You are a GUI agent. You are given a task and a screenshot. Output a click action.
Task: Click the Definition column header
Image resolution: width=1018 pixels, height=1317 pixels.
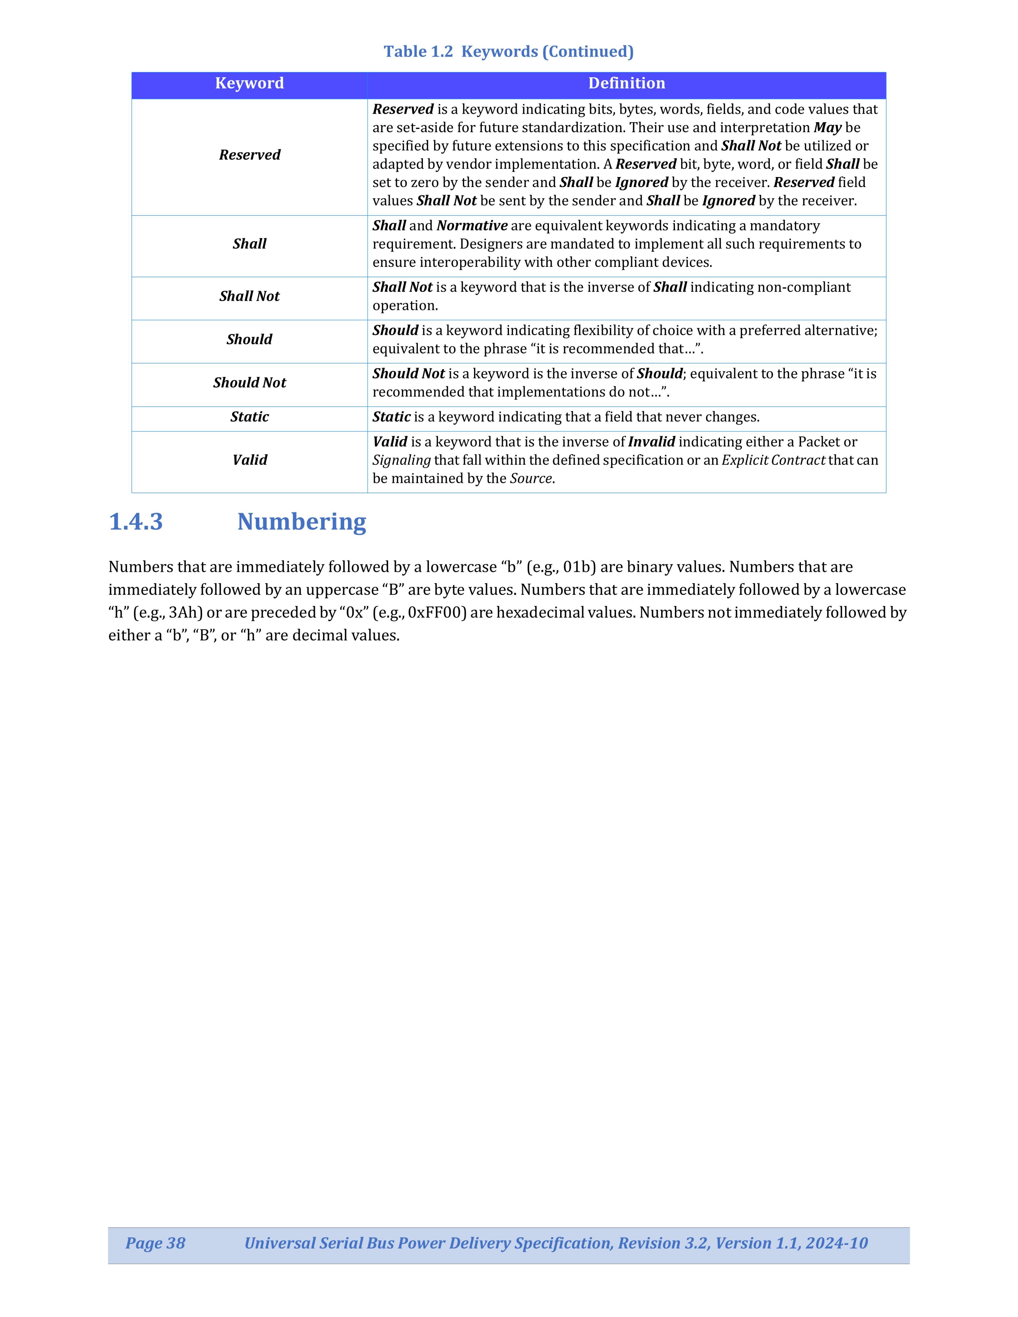point(627,83)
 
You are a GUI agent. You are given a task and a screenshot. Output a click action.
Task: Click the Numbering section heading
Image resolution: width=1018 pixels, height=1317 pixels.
point(302,522)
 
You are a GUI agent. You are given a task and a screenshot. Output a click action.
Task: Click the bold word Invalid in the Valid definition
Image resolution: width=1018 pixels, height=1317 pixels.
point(651,442)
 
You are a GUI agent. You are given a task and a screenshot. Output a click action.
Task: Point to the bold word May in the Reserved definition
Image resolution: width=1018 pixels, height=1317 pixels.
point(827,128)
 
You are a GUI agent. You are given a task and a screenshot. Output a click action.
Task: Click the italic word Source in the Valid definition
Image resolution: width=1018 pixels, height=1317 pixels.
point(531,479)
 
